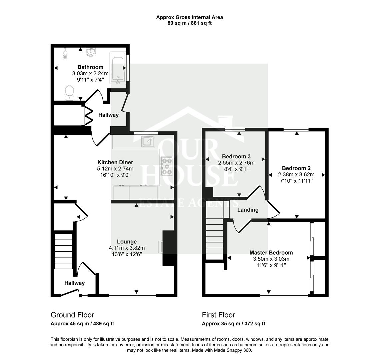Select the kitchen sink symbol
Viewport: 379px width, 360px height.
(147, 141)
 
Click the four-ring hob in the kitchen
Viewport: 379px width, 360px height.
(167, 166)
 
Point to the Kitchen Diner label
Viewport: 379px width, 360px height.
(115, 162)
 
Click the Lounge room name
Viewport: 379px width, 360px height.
(127, 242)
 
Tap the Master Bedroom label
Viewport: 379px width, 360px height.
(271, 253)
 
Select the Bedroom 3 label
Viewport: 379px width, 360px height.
(236, 156)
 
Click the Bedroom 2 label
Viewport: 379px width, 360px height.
(296, 168)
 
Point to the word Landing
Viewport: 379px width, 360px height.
(248, 210)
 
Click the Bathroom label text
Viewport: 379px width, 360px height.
(90, 67)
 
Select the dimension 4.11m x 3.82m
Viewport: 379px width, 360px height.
(127, 248)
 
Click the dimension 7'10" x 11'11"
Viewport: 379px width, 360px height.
(296, 181)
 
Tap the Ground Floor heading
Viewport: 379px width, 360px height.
(72, 315)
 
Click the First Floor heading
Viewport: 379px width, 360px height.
(218, 315)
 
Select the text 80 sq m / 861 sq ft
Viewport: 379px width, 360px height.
(189, 23)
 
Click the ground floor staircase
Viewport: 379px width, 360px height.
(63, 252)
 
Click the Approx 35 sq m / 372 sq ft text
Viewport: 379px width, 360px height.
(233, 324)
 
